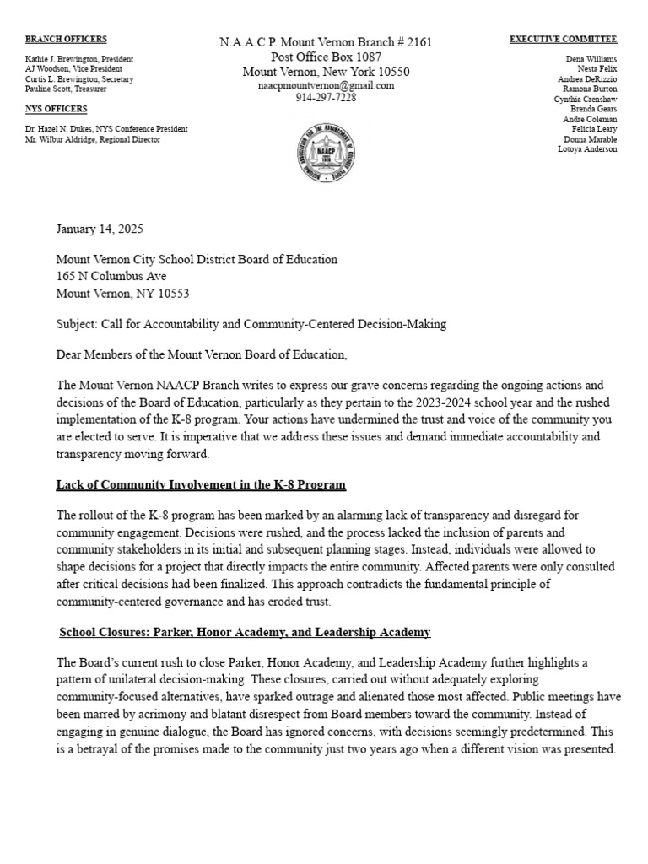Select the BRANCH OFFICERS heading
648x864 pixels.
[66, 39]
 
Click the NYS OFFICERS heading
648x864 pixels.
[56, 109]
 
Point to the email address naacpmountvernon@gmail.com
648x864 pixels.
[326, 86]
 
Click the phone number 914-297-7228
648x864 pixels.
[326, 98]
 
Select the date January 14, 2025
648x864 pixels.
[100, 229]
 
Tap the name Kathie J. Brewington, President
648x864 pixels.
[79, 59]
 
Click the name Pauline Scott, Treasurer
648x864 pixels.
[66, 89]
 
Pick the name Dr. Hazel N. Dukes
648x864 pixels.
[59, 129]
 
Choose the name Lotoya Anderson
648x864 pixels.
[587, 149]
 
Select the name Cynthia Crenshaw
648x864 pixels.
[585, 99]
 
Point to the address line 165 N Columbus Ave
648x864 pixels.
[111, 276]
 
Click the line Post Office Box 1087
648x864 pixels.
[326, 57]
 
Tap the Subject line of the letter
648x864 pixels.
[251, 323]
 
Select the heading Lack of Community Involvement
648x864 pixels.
[201, 484]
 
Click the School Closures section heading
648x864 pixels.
[245, 632]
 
